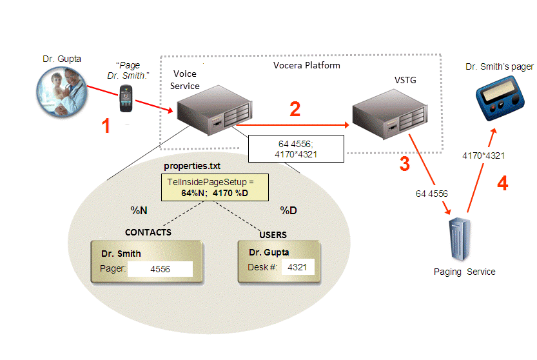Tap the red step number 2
pos(295,109)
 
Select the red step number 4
pos(502,184)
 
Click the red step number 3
pos(404,164)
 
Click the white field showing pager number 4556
pos(160,269)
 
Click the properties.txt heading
pos(191,166)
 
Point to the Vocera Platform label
pos(307,66)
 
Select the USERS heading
pos(273,235)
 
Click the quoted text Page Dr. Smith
pos(129,70)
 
